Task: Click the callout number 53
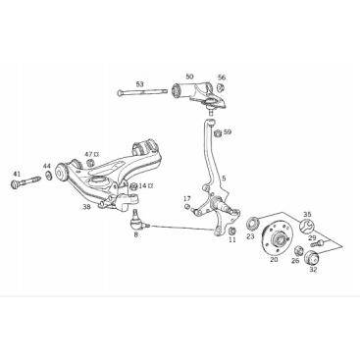[x=139, y=84]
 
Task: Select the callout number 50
[x=189, y=77]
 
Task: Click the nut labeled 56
[x=221, y=87]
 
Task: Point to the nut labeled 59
[x=218, y=133]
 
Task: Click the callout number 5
[x=224, y=179]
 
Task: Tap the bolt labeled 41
[x=26, y=181]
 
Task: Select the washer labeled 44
[x=48, y=176]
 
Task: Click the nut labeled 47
[x=90, y=162]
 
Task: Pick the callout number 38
[x=86, y=207]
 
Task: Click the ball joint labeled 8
[x=136, y=221]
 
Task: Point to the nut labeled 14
[x=133, y=186]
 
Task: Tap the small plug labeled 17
[x=187, y=206]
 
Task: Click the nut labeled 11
[x=231, y=231]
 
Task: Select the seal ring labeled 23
[x=252, y=224]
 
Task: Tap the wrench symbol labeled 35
[x=307, y=227]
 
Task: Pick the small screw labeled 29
[x=316, y=243]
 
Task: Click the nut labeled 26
[x=298, y=251]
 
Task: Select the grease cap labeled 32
[x=311, y=257]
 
